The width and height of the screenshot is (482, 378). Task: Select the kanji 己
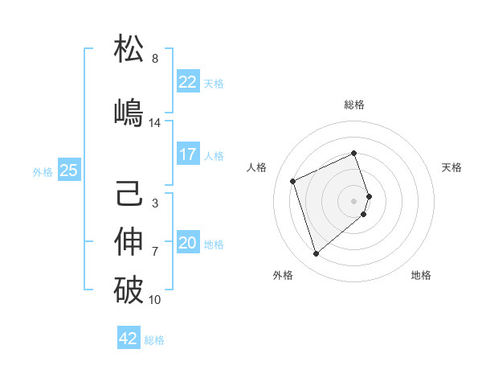point(129,194)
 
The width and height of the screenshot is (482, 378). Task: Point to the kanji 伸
point(129,242)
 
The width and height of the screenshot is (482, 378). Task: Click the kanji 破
point(129,290)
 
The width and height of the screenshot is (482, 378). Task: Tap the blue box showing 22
point(187,82)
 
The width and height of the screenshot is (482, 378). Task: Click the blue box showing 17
point(187,154)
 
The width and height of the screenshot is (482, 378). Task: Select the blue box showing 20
point(187,243)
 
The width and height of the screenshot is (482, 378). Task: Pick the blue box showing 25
point(68,170)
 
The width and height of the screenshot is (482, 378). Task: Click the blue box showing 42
point(129,339)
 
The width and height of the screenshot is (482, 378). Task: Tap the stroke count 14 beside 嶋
point(155,123)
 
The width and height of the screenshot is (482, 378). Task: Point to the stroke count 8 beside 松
point(155,59)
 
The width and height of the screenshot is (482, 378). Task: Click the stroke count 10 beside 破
point(155,300)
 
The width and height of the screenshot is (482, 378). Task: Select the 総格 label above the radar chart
point(354,105)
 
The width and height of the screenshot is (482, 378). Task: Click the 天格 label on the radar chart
point(451,167)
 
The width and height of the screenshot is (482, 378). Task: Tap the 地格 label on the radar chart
point(421,275)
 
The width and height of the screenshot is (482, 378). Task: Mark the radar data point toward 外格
point(316,254)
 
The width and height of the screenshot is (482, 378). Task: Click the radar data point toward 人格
point(293,180)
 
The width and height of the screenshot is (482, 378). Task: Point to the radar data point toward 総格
point(354,154)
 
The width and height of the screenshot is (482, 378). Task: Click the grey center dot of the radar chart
point(354,200)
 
